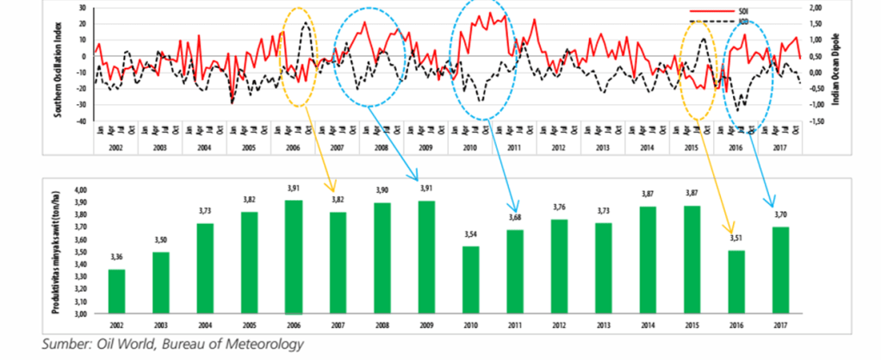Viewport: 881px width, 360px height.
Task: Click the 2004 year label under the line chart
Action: click(204, 148)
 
